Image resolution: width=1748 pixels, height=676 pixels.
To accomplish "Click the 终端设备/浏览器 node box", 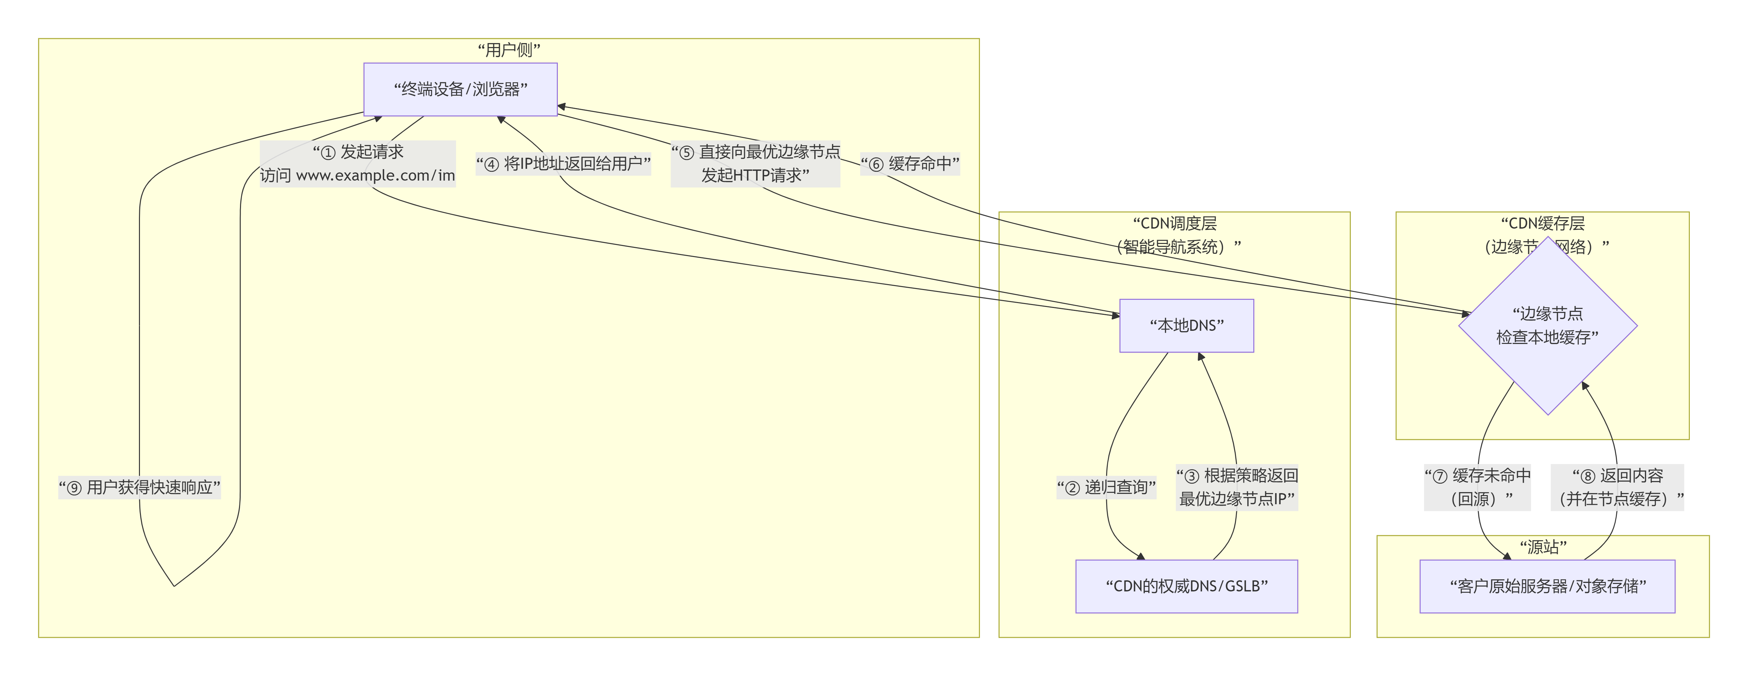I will (x=460, y=89).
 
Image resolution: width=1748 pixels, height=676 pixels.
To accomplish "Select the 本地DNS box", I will (x=1186, y=326).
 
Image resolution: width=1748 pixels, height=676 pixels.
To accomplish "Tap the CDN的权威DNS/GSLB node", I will (x=1186, y=586).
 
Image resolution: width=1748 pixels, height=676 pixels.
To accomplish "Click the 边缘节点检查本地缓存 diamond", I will (x=1547, y=326).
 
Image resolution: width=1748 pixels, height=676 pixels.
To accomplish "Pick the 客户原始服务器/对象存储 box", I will (x=1547, y=586).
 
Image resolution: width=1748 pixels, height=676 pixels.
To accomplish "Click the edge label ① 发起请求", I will (x=358, y=163).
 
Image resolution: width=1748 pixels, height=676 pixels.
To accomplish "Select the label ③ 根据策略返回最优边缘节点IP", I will (x=1236, y=487).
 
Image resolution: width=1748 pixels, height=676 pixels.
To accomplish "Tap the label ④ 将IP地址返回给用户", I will (x=563, y=163).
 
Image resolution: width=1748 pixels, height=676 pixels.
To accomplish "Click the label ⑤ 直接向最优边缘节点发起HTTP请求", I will (x=755, y=163).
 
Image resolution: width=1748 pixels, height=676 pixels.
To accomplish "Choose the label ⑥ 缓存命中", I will (x=910, y=163).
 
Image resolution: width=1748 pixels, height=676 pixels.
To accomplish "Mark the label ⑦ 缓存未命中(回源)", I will (x=1477, y=487).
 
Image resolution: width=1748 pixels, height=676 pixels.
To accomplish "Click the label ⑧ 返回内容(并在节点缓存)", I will (x=1617, y=487).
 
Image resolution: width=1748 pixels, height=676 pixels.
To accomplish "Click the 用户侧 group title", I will (x=509, y=50).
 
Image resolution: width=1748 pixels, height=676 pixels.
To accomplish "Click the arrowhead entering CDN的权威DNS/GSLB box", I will (x=1142, y=557).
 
